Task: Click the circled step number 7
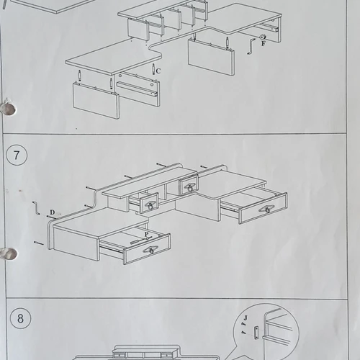pos(17,155)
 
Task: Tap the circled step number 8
pos(20,318)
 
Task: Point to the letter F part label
pos(264,44)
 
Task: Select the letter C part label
pos(158,71)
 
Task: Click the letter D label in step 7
pos(53,212)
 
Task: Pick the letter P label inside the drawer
pos(147,234)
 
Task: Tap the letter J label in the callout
pos(246,318)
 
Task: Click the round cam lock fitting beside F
pos(263,37)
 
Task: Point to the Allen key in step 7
pos(36,208)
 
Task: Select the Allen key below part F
pos(251,47)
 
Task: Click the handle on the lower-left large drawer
pos(151,250)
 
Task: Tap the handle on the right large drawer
pos(267,210)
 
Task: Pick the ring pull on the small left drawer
pos(150,206)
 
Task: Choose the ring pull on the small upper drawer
pos(189,187)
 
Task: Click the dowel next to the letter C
pos(153,69)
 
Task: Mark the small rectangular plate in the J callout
pos(256,333)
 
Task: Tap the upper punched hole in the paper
pos(9,109)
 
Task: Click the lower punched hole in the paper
pos(9,254)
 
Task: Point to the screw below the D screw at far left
pos(39,243)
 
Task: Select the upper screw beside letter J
pos(243,324)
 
